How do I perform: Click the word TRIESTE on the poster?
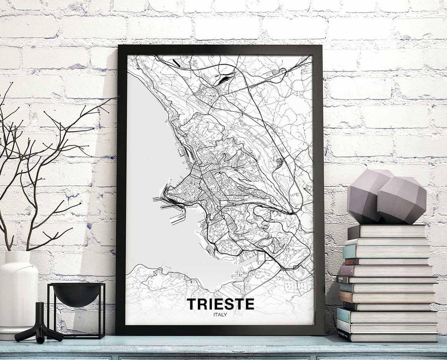(220, 304)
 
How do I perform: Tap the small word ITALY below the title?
(220, 314)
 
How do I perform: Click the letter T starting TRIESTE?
(191, 304)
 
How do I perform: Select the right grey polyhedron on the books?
(401, 201)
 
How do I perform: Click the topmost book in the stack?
(387, 232)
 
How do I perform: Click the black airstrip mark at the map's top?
(177, 63)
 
